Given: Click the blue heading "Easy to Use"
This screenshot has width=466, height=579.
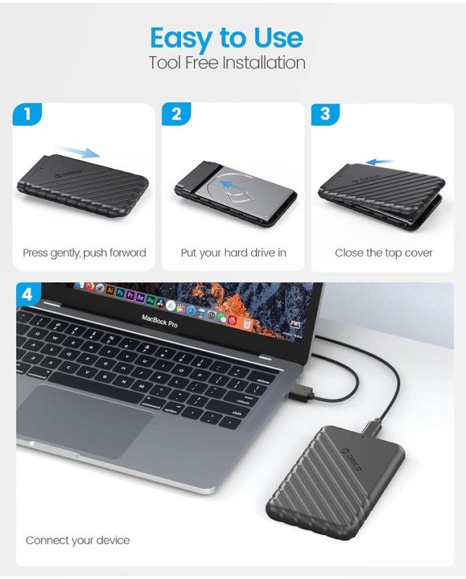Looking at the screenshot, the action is pyautogui.click(x=226, y=39).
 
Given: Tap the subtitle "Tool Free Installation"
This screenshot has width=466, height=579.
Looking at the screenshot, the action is pyautogui.click(x=227, y=63).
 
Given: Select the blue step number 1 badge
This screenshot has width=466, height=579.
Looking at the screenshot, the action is pyautogui.click(x=27, y=114).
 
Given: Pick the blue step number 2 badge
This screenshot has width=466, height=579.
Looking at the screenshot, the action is pyautogui.click(x=176, y=114).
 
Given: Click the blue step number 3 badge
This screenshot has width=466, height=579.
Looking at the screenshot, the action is pyautogui.click(x=326, y=114).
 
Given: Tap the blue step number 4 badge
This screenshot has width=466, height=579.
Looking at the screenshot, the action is pyautogui.click(x=27, y=295).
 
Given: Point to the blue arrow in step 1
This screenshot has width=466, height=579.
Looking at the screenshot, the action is pyautogui.click(x=79, y=151).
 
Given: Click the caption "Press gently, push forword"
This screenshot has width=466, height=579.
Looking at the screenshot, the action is pyautogui.click(x=85, y=253).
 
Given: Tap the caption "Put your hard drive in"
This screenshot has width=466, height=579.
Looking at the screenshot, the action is pyautogui.click(x=234, y=253).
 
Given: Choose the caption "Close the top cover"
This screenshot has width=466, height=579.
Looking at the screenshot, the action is pyautogui.click(x=383, y=253).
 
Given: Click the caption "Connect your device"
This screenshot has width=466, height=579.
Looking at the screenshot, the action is pyautogui.click(x=77, y=540).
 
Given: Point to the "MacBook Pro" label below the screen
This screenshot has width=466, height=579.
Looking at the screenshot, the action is pyautogui.click(x=160, y=321).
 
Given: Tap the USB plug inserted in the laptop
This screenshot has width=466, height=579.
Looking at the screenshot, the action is pyautogui.click(x=300, y=394).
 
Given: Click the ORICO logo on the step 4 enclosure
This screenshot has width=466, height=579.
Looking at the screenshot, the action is pyautogui.click(x=352, y=460).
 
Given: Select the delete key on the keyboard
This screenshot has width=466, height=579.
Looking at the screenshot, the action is pyautogui.click(x=263, y=380).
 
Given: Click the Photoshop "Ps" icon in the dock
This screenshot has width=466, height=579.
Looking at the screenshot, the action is pyautogui.click(x=120, y=292).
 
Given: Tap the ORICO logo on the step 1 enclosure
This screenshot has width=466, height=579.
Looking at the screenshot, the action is pyautogui.click(x=69, y=173).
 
